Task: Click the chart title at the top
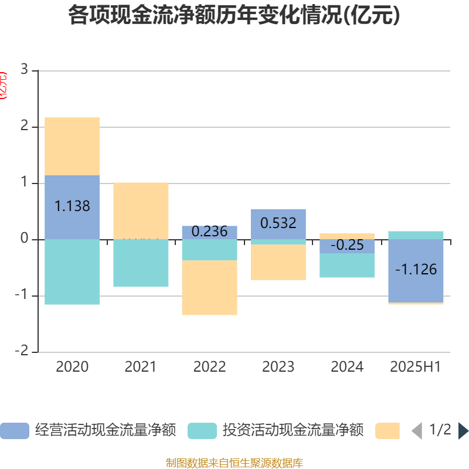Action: [x=234, y=16]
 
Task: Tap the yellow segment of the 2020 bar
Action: [x=72, y=146]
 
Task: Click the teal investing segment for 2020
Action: [x=72, y=272]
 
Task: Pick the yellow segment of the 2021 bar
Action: [x=141, y=210]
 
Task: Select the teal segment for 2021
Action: [x=141, y=263]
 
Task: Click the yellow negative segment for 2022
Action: [x=209, y=288]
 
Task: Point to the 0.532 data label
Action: [x=278, y=223]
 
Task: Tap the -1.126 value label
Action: [x=416, y=270]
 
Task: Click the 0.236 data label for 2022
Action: [x=209, y=232]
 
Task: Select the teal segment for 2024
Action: [x=347, y=266]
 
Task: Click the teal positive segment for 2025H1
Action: [x=416, y=235]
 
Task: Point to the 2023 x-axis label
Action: [x=278, y=367]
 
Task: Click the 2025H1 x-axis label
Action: [x=416, y=367]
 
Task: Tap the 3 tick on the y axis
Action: [x=24, y=70]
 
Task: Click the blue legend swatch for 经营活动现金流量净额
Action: [x=14, y=431]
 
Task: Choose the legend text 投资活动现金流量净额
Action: [x=293, y=431]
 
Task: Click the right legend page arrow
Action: [x=463, y=431]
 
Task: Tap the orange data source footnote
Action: [x=234, y=463]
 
